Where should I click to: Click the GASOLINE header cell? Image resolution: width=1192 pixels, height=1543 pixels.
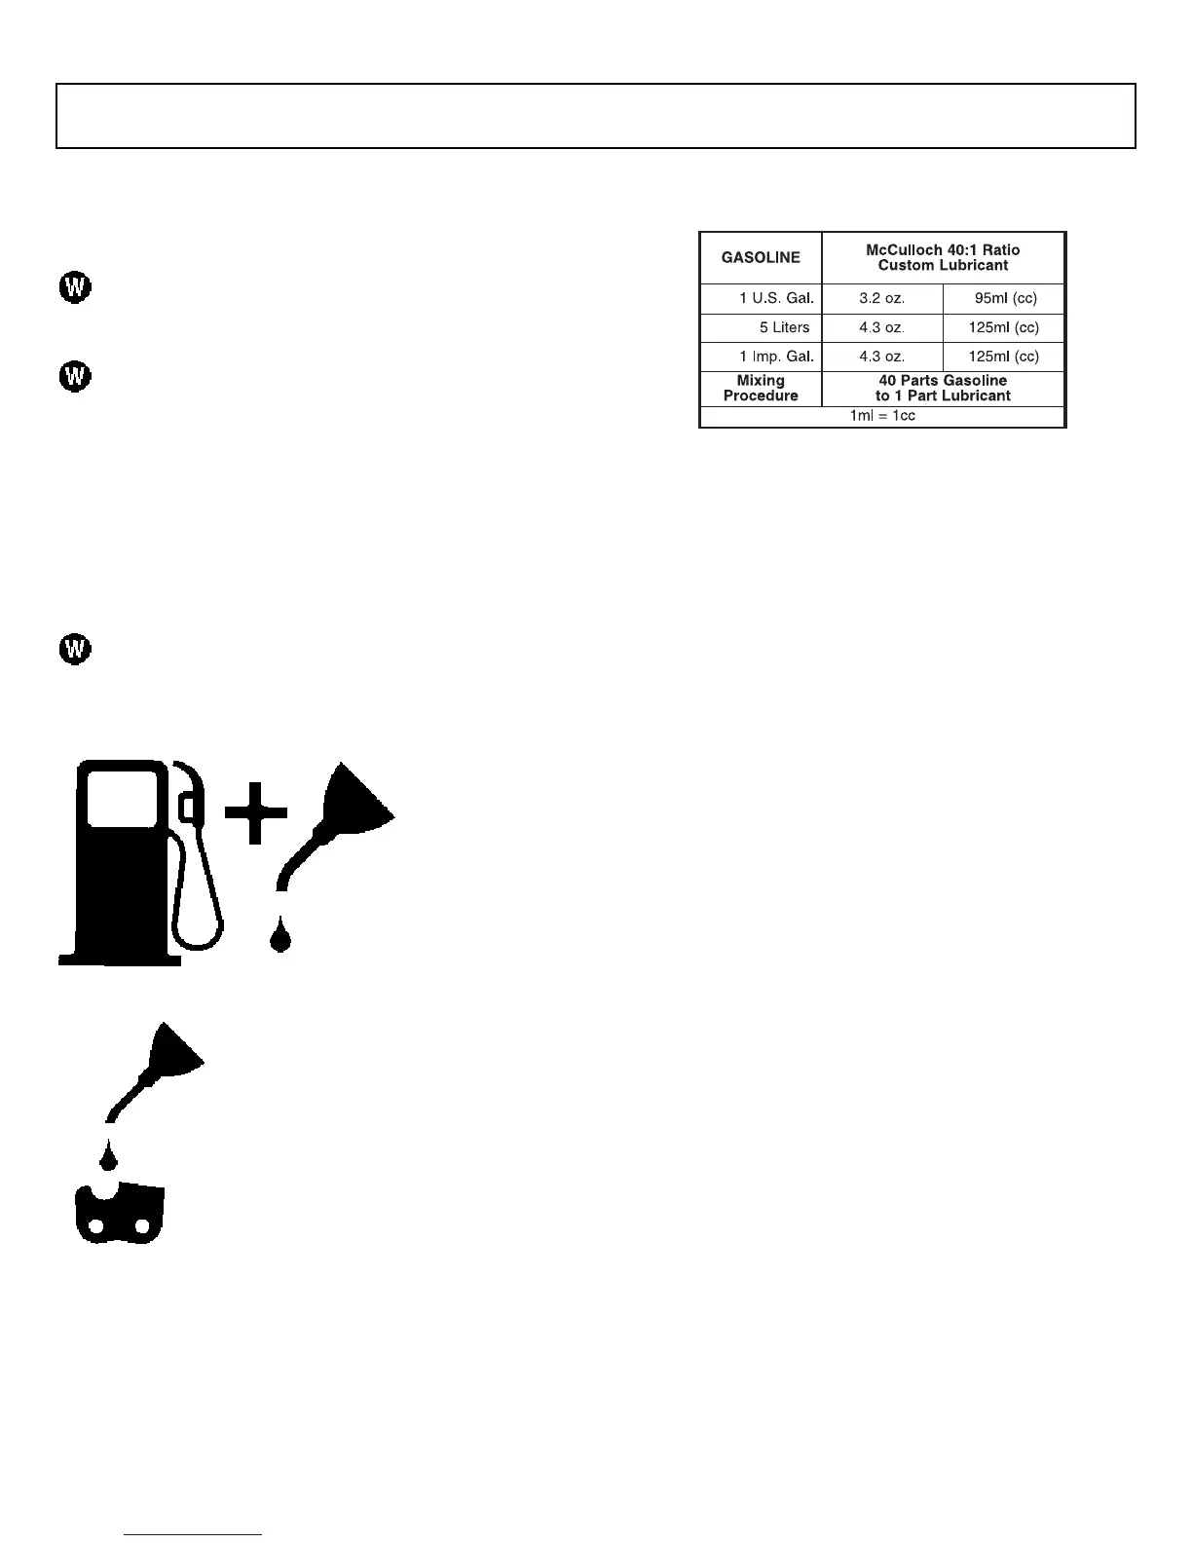pyautogui.click(x=761, y=258)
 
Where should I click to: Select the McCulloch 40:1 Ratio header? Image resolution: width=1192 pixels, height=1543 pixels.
pyautogui.click(x=943, y=258)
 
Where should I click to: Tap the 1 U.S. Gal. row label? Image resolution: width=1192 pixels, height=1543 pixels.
pyautogui.click(x=776, y=299)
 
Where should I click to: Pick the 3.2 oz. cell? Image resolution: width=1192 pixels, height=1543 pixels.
pyautogui.click(x=881, y=299)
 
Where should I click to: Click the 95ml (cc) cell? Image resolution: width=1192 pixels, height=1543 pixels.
pyautogui.click(x=1005, y=299)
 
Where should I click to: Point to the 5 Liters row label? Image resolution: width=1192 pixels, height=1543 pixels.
pyautogui.click(x=784, y=327)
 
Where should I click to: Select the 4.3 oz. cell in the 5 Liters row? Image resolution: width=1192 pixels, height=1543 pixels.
pyautogui.click(x=881, y=327)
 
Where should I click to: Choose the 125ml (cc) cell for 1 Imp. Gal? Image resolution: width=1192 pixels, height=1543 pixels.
pyautogui.click(x=1003, y=357)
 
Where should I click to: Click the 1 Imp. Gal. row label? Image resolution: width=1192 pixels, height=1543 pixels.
pyautogui.click(x=776, y=357)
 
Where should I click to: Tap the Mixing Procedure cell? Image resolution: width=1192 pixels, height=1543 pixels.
pyautogui.click(x=761, y=389)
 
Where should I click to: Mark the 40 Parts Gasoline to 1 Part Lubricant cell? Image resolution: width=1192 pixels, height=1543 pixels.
pyautogui.click(x=943, y=389)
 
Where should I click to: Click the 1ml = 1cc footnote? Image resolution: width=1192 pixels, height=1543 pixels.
pyautogui.click(x=882, y=416)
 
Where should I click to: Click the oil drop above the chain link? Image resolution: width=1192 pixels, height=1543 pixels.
pyautogui.click(x=108, y=1158)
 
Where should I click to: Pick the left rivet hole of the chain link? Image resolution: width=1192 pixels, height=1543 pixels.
pyautogui.click(x=95, y=1227)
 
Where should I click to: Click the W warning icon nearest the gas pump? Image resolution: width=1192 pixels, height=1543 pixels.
pyautogui.click(x=75, y=649)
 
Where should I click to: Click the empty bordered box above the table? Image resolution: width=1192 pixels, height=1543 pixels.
pyautogui.click(x=596, y=116)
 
